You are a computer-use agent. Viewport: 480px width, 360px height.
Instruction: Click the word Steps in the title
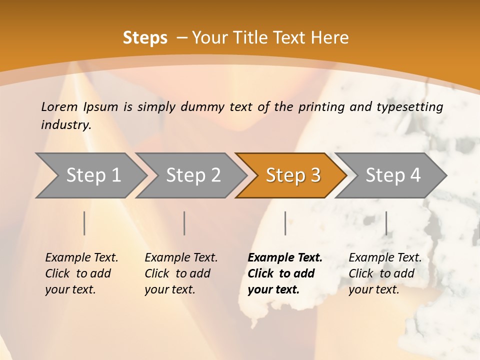point(145,38)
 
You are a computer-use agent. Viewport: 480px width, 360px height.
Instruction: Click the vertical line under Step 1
point(84,223)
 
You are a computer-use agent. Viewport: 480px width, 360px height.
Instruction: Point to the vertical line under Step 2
point(184,223)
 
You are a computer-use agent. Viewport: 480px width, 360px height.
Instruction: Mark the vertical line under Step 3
point(285,223)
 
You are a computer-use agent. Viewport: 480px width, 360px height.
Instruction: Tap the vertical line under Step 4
point(386,223)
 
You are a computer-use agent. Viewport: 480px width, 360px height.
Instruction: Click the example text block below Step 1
point(81,273)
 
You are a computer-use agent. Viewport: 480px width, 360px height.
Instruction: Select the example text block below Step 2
point(181,273)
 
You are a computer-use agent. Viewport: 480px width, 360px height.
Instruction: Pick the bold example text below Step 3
point(285,273)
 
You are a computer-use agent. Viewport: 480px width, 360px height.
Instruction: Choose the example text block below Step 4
point(385,273)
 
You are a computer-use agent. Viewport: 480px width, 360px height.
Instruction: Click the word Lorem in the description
point(59,106)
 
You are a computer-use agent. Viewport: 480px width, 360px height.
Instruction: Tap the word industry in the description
point(65,124)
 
